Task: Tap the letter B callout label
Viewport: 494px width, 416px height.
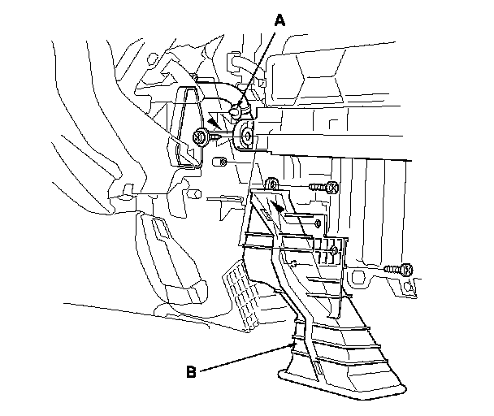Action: [x=191, y=373]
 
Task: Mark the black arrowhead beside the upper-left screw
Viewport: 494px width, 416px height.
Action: [x=213, y=122]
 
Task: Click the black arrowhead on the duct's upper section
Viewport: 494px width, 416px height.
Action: [x=279, y=209]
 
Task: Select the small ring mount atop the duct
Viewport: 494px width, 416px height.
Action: [x=273, y=184]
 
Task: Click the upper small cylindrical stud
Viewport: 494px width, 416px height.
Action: [x=218, y=162]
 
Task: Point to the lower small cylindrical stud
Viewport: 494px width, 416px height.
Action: [x=196, y=195]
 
